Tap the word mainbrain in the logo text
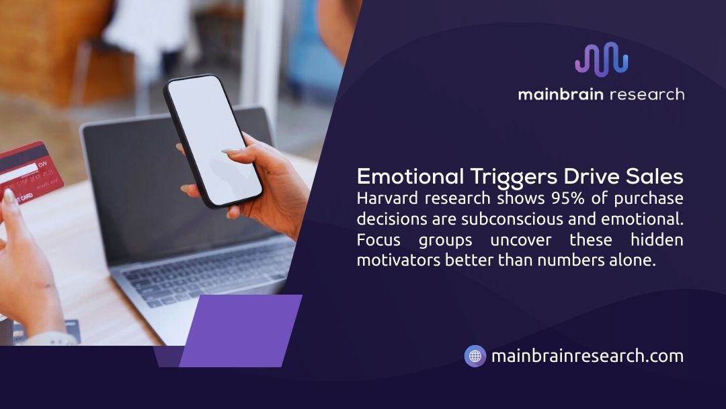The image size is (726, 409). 560,94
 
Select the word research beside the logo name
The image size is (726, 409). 646,94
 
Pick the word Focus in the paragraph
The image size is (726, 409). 378,240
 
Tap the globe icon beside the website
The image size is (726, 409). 475,356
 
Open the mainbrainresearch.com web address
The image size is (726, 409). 587,356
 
